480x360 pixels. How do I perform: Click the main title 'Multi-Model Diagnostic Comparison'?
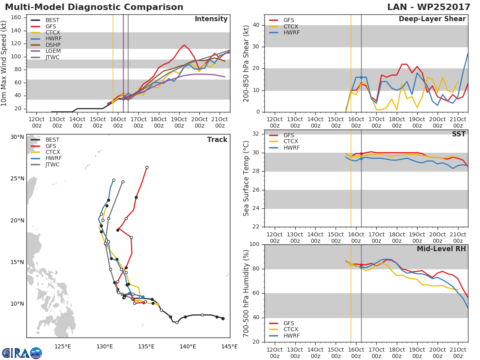point(94,7)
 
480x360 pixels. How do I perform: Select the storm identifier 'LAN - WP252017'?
point(429,7)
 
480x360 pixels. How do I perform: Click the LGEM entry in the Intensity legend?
point(52,51)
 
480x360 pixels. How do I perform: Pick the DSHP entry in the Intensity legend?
point(52,45)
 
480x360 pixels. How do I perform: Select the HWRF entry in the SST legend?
point(291,148)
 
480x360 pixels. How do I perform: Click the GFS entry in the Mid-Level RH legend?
point(288,323)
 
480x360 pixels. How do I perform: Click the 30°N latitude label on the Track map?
point(17,137)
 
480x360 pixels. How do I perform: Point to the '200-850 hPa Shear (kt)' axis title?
point(247,63)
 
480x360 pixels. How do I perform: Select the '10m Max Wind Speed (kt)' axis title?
point(4,63)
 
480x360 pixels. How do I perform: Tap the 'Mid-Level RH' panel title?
point(441,249)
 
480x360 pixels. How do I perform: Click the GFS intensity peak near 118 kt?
point(184,45)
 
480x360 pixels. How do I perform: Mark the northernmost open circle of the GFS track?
point(147,167)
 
